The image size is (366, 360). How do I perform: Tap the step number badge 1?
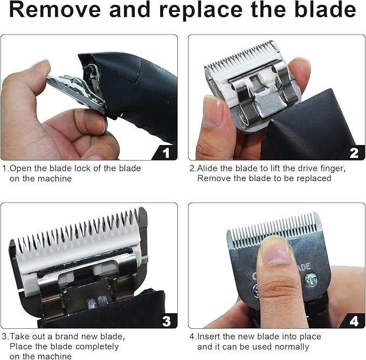[165, 153]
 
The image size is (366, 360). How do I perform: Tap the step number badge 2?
[354, 153]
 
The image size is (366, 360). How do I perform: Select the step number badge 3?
[165, 321]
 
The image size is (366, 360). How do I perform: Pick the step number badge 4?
[354, 321]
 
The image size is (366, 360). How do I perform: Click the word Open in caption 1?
[22, 168]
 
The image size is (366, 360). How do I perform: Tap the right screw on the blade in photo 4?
[311, 280]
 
